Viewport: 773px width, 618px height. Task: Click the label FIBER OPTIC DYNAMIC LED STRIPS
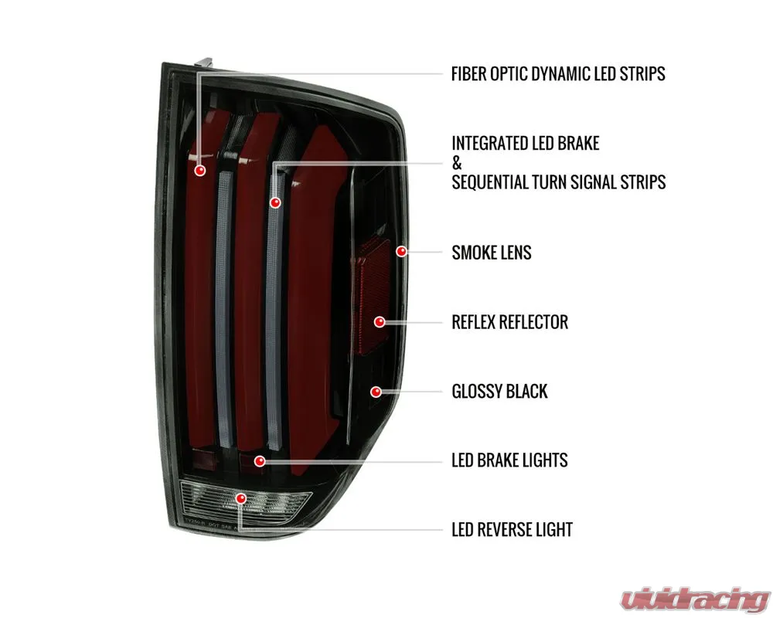coord(558,74)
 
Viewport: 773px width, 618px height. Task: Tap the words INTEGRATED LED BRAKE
coord(526,144)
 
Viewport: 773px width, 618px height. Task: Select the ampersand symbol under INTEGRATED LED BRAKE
coord(457,163)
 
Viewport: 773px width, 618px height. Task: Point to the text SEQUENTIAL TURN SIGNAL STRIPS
coord(559,182)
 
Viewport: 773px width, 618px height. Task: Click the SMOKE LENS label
coord(492,253)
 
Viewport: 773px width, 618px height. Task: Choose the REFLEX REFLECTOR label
coord(509,322)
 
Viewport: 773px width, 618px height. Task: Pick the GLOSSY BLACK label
coord(499,392)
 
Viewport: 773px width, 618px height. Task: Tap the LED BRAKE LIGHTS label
coord(509,460)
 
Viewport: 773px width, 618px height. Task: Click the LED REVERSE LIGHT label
coord(512,530)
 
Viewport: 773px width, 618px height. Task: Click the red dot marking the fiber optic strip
coord(199,171)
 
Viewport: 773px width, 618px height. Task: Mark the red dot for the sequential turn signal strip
coord(275,202)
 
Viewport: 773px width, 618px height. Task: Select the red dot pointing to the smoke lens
coord(402,251)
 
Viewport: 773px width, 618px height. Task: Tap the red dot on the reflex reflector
coord(379,322)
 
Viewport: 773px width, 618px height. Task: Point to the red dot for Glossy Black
coord(376,392)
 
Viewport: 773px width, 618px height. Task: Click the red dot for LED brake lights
coord(260,460)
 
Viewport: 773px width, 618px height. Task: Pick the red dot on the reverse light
coord(240,498)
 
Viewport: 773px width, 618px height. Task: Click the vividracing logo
coord(695,599)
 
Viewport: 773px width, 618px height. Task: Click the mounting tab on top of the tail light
coord(203,63)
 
